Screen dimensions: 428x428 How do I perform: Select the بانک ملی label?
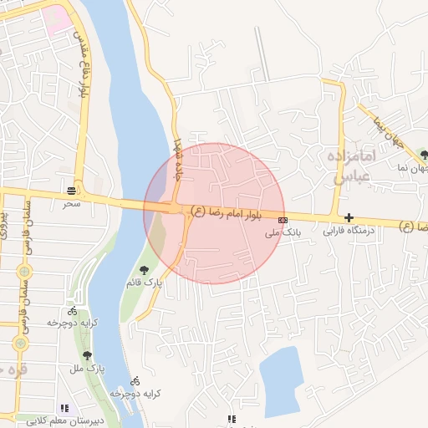click(283, 232)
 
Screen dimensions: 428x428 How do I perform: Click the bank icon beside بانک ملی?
click(283, 221)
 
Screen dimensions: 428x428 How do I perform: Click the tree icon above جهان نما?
click(425, 155)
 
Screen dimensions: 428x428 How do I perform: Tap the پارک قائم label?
click(145, 283)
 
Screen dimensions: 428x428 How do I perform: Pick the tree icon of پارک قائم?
click(145, 270)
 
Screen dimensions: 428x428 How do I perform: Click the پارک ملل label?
click(86, 368)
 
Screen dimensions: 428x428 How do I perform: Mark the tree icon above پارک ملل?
click(87, 356)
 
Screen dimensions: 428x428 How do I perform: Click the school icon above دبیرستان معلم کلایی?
click(64, 409)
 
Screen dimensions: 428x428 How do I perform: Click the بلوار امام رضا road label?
click(227, 212)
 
